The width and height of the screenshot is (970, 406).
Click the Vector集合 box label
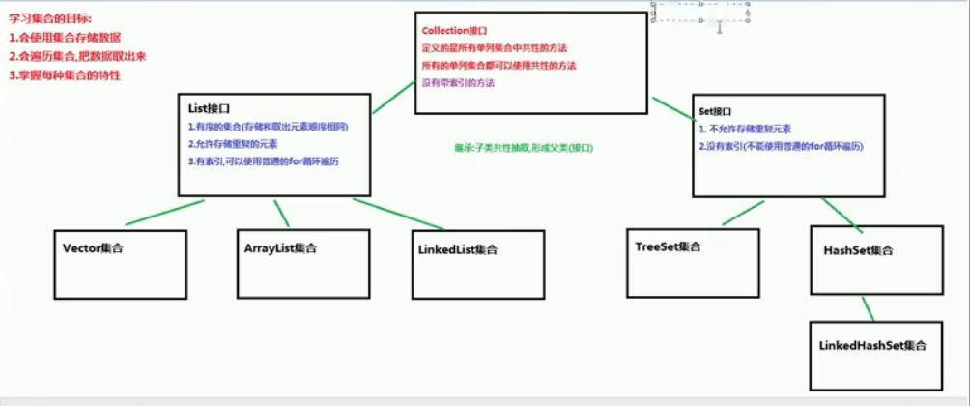point(93,248)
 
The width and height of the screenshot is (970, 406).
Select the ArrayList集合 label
point(280,248)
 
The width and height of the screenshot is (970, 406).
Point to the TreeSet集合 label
point(668,246)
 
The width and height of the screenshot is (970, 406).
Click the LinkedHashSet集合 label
point(872,345)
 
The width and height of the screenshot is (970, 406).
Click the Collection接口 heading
point(454,31)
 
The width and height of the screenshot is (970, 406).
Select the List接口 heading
point(209,110)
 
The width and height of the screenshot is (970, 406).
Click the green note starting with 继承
point(523,148)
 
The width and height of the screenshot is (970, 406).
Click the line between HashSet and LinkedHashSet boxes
point(868,308)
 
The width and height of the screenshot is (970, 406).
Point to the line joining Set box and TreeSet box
point(728,214)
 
